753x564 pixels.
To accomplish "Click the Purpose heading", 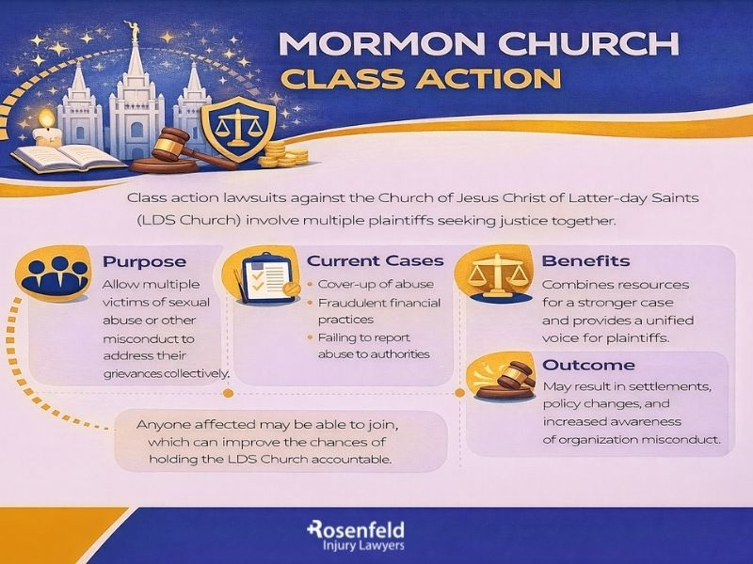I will [144, 260].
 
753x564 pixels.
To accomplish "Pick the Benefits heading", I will [585, 260].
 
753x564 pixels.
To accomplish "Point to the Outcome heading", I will [588, 365].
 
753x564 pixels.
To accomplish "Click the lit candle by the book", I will [48, 127].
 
